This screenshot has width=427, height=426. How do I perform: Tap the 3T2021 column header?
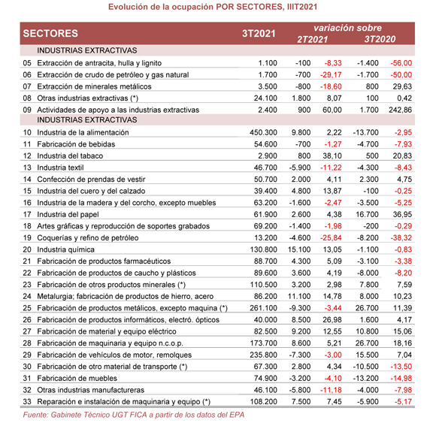(258, 34)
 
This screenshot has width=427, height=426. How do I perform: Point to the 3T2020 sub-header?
(379, 39)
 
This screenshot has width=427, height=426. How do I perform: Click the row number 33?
(27, 403)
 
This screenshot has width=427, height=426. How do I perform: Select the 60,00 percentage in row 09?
(332, 110)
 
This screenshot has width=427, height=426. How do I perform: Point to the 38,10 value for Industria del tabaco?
(332, 156)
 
